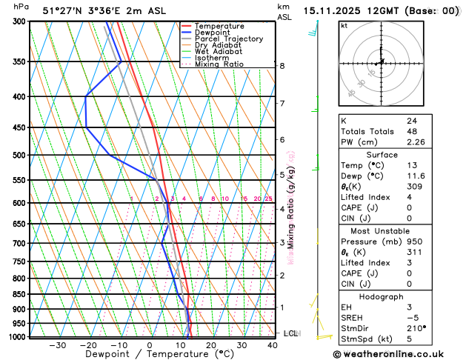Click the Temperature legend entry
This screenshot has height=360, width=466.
pos(220,26)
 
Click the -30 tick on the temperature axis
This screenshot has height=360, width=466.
pos(57,345)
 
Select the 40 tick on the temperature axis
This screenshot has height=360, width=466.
pos(273,345)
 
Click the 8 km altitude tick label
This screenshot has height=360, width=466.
pos(282,66)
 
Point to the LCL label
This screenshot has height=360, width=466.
pos(290,333)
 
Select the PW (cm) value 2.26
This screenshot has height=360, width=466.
pos(416,143)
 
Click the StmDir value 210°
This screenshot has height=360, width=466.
pos(416,329)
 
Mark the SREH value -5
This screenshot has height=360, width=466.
pos(411,318)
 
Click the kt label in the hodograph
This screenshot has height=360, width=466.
pos(344,26)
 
